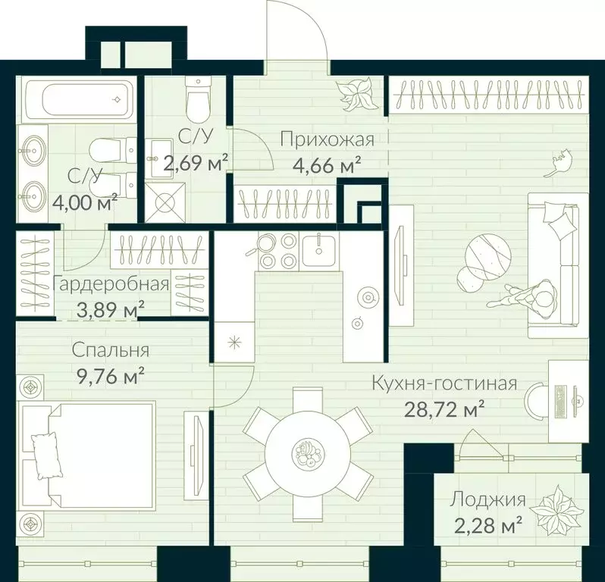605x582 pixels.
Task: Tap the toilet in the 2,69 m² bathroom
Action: click(x=198, y=99)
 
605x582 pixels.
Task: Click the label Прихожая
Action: click(x=328, y=139)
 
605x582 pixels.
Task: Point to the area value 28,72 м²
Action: click(x=444, y=410)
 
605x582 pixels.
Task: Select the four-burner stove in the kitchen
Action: click(x=277, y=252)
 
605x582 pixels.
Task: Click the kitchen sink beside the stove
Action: click(x=319, y=250)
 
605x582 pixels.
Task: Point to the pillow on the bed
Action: click(x=46, y=455)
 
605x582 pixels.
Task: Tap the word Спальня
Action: click(x=111, y=351)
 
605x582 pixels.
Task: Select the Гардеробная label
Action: click(x=111, y=284)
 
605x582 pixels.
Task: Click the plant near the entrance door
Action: click(x=356, y=94)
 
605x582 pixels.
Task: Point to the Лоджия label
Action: click(x=487, y=499)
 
